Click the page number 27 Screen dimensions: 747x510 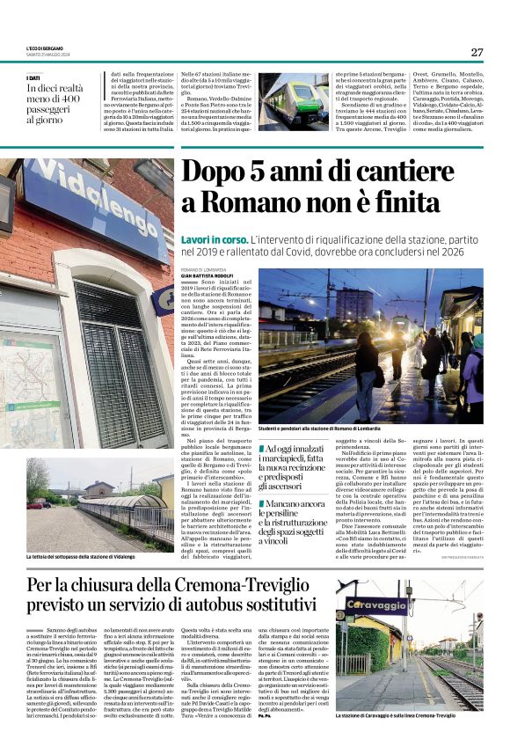tap(477, 52)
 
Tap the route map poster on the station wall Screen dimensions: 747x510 tap(26, 370)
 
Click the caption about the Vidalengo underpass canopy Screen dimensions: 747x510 tap(85, 557)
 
